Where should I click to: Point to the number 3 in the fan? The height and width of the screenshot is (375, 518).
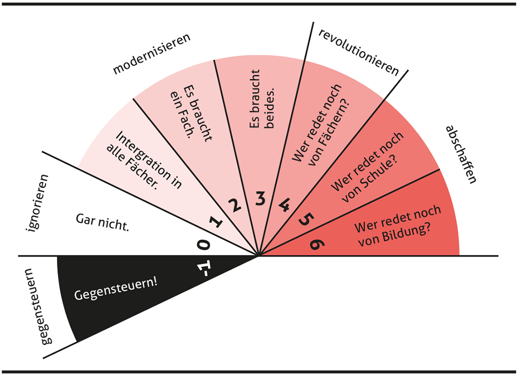coord(260,198)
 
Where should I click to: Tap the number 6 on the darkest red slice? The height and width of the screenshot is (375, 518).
coord(314,243)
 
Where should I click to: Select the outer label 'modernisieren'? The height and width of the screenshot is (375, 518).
coord(152,54)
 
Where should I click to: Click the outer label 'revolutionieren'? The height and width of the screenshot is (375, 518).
coord(359,52)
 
